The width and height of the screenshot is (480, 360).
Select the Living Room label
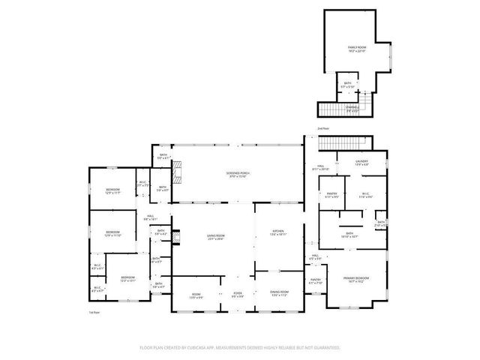coord(216,237)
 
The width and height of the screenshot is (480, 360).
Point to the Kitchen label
coord(278,233)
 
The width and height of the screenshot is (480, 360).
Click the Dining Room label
coord(278,295)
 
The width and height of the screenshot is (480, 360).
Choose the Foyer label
coord(237,295)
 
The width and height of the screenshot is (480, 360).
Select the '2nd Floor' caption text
coord(323,129)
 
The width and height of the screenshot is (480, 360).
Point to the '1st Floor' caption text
coord(94,311)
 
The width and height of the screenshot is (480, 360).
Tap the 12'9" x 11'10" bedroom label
coord(112,234)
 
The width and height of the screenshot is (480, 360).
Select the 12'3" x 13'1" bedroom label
coord(128,279)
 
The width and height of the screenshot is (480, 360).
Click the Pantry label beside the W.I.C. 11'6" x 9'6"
coord(331,196)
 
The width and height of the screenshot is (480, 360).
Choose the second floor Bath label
coord(347,85)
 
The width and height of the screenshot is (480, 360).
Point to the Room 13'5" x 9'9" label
coord(196,295)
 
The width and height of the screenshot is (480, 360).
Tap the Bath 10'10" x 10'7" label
coord(349,235)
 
